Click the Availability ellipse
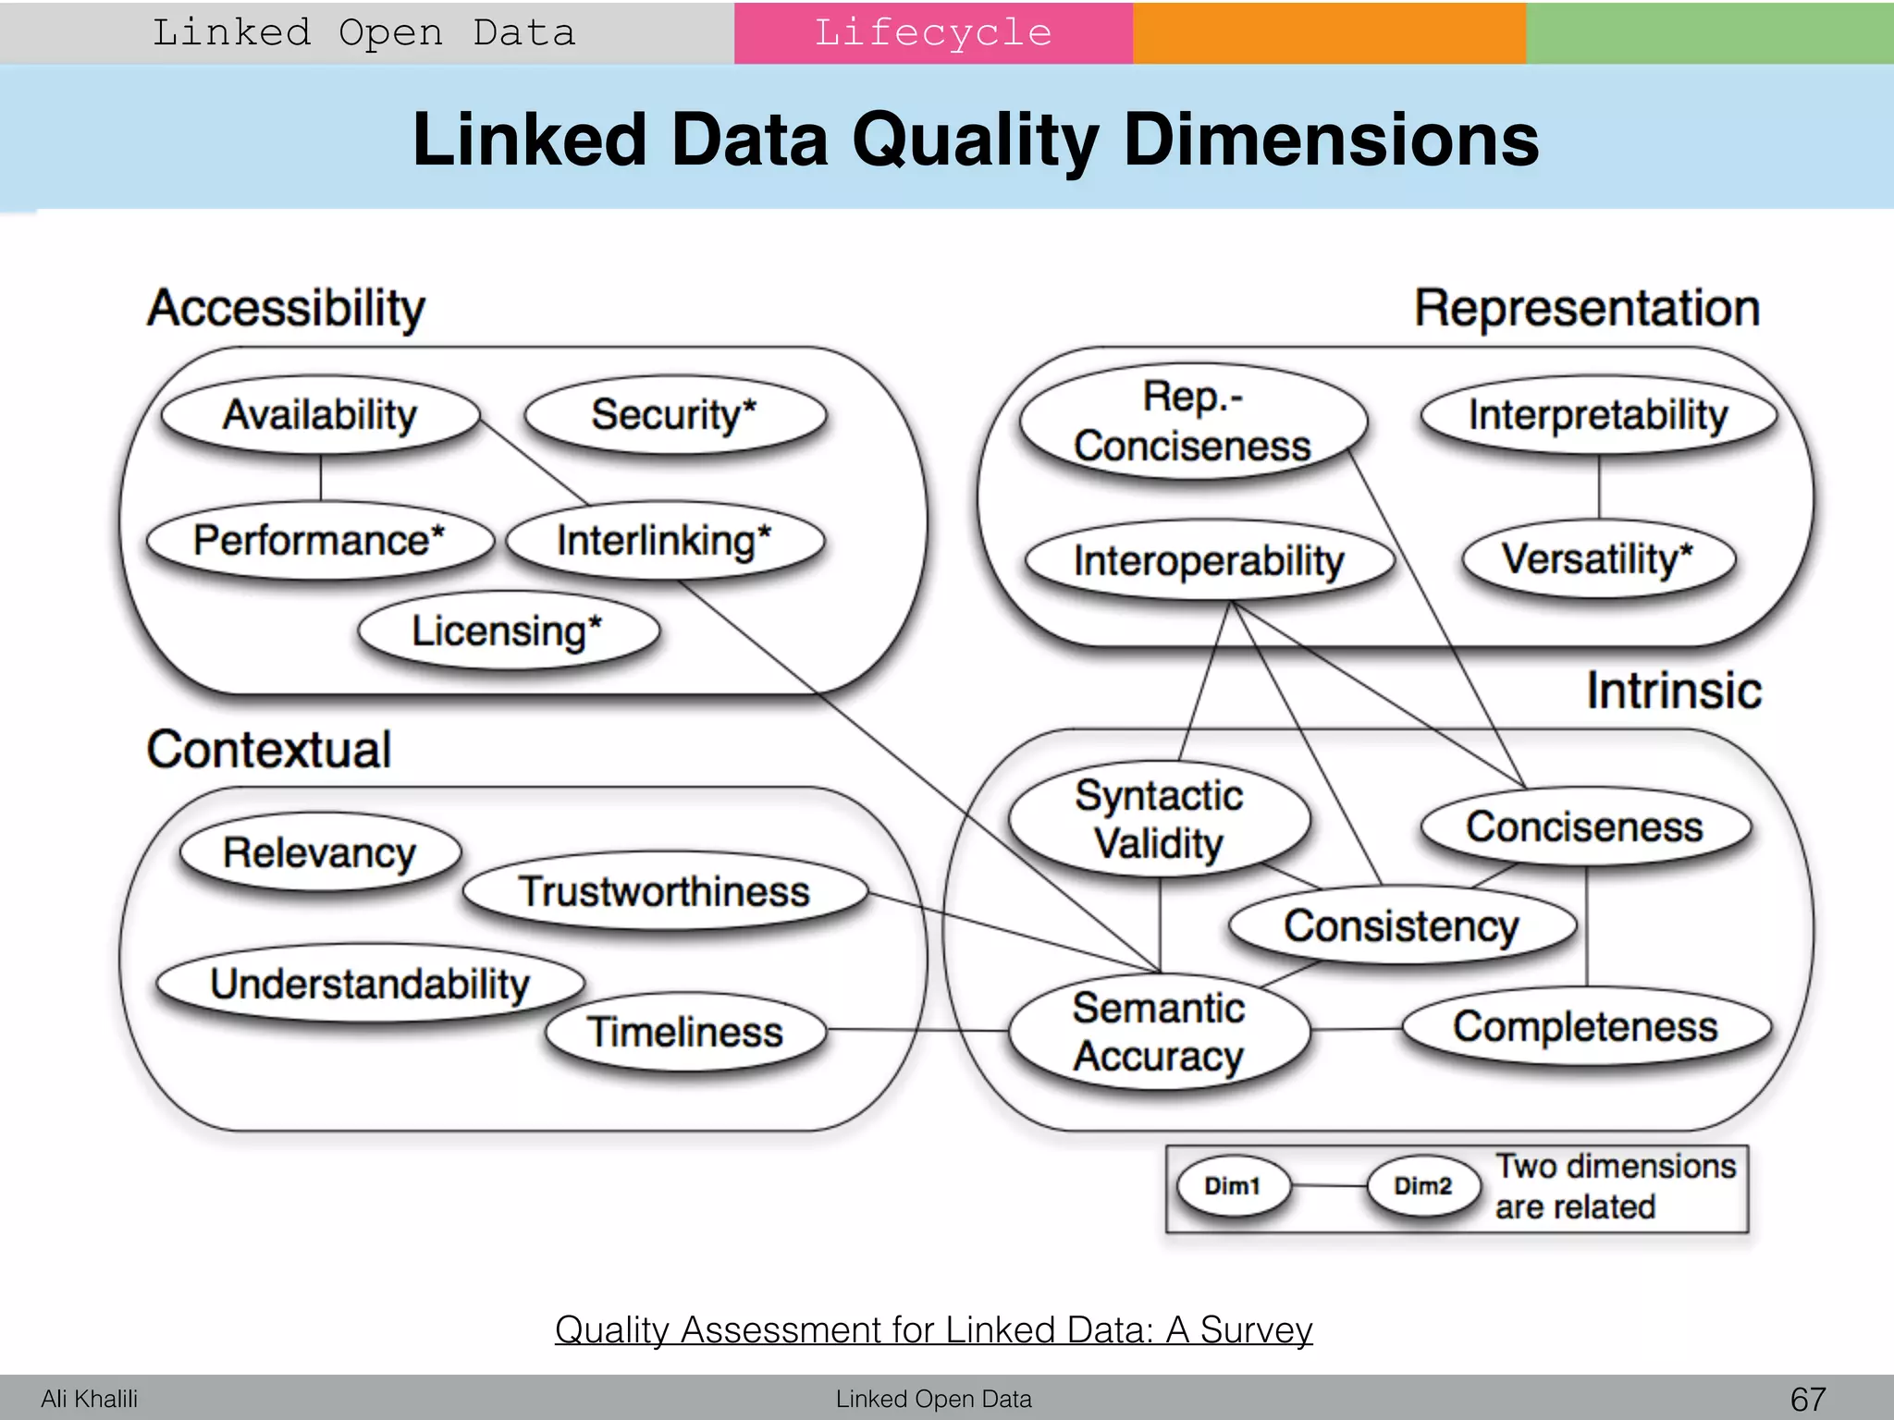point(320,414)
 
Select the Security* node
point(674,414)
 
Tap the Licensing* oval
point(508,631)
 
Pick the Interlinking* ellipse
point(664,541)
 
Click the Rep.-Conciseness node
point(1192,422)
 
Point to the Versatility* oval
point(1598,559)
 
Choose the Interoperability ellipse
point(1209,561)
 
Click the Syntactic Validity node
point(1159,820)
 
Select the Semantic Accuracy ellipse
point(1159,1032)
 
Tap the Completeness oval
point(1585,1027)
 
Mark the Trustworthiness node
point(664,892)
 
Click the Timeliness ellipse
point(685,1032)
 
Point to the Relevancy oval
point(320,852)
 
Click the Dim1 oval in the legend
point(1233,1186)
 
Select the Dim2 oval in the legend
point(1423,1186)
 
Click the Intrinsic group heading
point(1674,691)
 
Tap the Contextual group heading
point(269,750)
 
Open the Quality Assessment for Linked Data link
point(933,1329)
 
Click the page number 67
point(1808,1399)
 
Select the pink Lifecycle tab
point(933,33)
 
